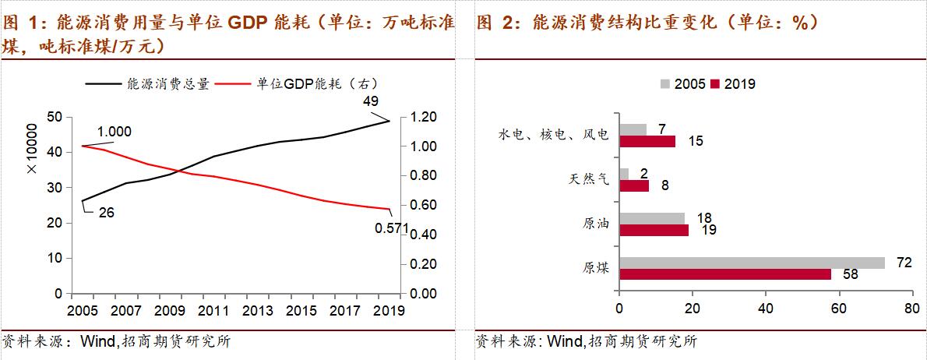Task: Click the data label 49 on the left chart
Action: [x=371, y=101]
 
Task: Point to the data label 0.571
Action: [x=392, y=228]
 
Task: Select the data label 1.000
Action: [x=114, y=132]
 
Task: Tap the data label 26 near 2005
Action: [x=107, y=211]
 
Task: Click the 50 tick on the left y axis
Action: [x=55, y=117]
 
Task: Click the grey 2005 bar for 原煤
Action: [x=752, y=263]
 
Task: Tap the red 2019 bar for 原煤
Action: [x=724, y=275]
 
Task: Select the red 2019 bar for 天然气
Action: [x=633, y=186]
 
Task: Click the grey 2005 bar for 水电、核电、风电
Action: [x=632, y=129]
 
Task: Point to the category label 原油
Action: [x=596, y=224]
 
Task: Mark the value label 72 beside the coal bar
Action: [x=904, y=263]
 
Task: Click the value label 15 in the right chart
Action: [x=695, y=141]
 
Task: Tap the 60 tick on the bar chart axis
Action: [x=838, y=309]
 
